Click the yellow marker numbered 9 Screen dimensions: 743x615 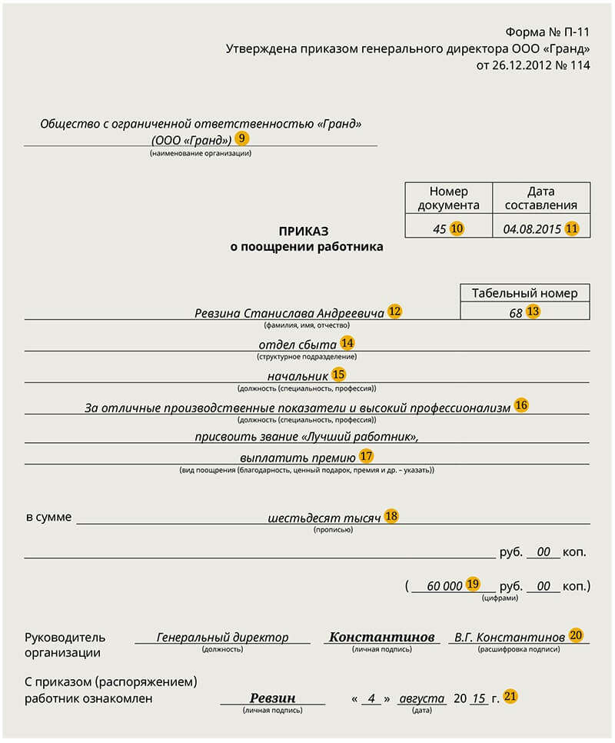pyautogui.click(x=242, y=138)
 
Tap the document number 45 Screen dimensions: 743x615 pyautogui.click(x=439, y=228)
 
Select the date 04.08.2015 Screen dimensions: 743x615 pyautogui.click(x=532, y=228)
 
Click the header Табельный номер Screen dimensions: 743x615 pyautogui.click(x=524, y=292)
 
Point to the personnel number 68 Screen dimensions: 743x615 pyautogui.click(x=515, y=312)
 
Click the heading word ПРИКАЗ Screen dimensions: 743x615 pyautogui.click(x=303, y=231)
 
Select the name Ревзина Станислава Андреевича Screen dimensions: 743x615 pyautogui.click(x=289, y=313)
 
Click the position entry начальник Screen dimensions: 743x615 pyautogui.click(x=298, y=375)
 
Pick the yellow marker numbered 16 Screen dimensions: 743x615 pyautogui.click(x=521, y=405)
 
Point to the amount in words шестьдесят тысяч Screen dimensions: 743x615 pyautogui.click(x=324, y=518)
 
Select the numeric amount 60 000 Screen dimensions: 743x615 pyautogui.click(x=444, y=586)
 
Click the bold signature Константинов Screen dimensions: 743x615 pyautogui.click(x=382, y=638)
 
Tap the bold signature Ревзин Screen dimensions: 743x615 pyautogui.click(x=272, y=698)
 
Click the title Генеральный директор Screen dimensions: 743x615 pyautogui.click(x=222, y=638)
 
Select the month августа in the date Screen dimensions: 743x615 pyautogui.click(x=421, y=698)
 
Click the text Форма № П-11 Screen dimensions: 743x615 pyautogui.click(x=547, y=32)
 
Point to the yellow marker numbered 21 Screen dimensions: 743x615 pyautogui.click(x=510, y=697)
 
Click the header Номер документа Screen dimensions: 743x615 pyautogui.click(x=448, y=198)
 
